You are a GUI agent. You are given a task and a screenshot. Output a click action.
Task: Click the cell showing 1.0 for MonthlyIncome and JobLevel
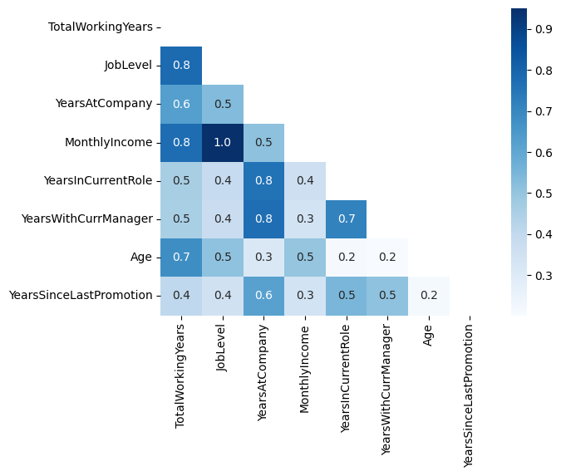coord(222,142)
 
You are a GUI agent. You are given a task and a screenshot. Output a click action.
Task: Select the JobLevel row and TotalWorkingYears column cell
coord(180,66)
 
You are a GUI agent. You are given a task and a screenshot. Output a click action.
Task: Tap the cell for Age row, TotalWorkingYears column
coord(180,257)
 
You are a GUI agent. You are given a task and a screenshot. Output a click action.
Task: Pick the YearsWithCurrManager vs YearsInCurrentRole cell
coord(347,218)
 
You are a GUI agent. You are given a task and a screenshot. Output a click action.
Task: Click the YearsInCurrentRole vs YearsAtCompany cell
coord(263,180)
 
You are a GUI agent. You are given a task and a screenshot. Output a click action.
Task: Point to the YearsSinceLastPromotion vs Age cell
coord(429,295)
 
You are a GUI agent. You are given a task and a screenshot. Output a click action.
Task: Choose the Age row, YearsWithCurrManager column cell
coord(387,257)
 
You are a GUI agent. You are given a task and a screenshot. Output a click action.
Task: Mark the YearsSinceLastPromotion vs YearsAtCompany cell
coord(263,295)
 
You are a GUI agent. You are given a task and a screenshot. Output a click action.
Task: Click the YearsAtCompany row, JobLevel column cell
coord(222,104)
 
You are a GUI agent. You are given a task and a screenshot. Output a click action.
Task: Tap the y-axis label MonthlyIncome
coord(108,142)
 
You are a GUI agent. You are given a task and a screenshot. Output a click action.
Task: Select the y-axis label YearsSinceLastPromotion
coord(80,295)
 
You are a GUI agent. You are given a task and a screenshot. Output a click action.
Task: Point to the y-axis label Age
coord(140,257)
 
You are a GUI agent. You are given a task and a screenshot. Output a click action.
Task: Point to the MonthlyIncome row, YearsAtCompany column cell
coord(263,142)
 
